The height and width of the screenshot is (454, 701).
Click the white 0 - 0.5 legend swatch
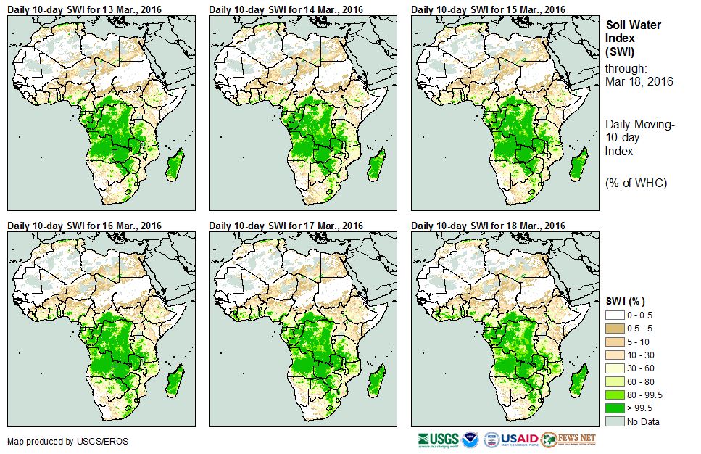pos(615,315)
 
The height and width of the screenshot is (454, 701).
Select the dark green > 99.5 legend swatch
pos(615,408)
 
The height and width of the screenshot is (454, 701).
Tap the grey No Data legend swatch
pos(615,421)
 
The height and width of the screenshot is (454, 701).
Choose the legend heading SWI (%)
pos(626,301)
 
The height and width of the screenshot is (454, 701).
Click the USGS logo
pos(438,439)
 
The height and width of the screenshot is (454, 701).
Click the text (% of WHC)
pos(636,183)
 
